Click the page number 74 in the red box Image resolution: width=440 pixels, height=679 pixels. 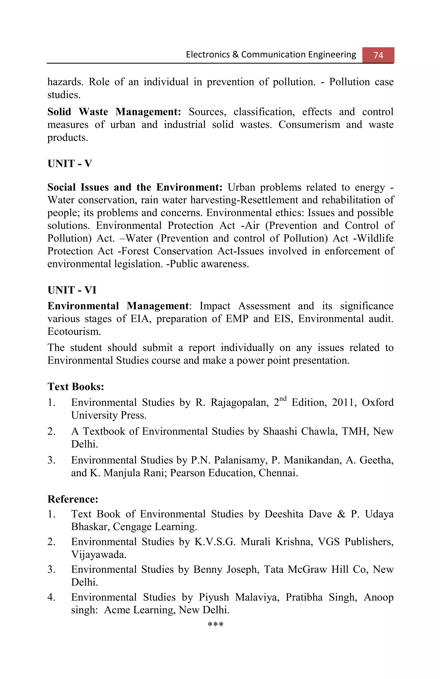click(378, 55)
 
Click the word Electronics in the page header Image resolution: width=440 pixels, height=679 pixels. click(208, 55)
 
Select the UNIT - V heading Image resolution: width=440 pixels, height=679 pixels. click(70, 164)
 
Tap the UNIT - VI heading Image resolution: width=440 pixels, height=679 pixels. click(72, 290)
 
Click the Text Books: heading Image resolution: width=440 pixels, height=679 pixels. click(76, 386)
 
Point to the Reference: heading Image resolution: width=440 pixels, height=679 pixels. click(73, 499)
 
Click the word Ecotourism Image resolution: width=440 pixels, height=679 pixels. click(74, 332)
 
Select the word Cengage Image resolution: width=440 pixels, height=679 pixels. click(132, 527)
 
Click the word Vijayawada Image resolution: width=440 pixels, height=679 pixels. click(99, 554)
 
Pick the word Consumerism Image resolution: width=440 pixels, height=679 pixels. click(309, 125)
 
